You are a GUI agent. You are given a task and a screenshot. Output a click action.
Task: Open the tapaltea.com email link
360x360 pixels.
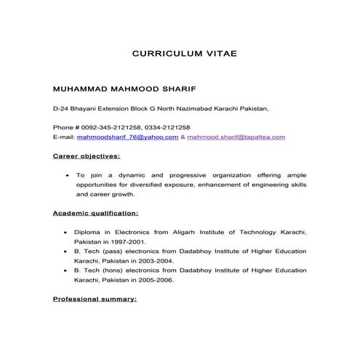pos(236,137)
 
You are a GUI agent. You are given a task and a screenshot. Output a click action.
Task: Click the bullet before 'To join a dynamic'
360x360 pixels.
pos(67,176)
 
